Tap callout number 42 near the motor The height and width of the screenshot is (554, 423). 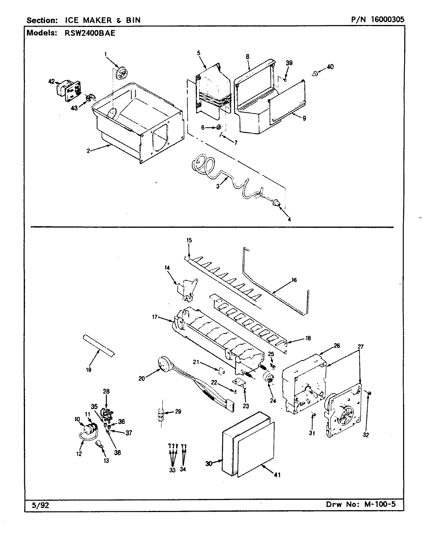click(x=51, y=81)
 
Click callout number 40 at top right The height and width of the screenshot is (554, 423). click(x=330, y=67)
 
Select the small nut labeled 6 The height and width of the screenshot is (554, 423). click(x=219, y=127)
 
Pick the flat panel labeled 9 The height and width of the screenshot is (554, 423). click(x=286, y=102)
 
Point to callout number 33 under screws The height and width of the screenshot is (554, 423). click(x=172, y=470)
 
